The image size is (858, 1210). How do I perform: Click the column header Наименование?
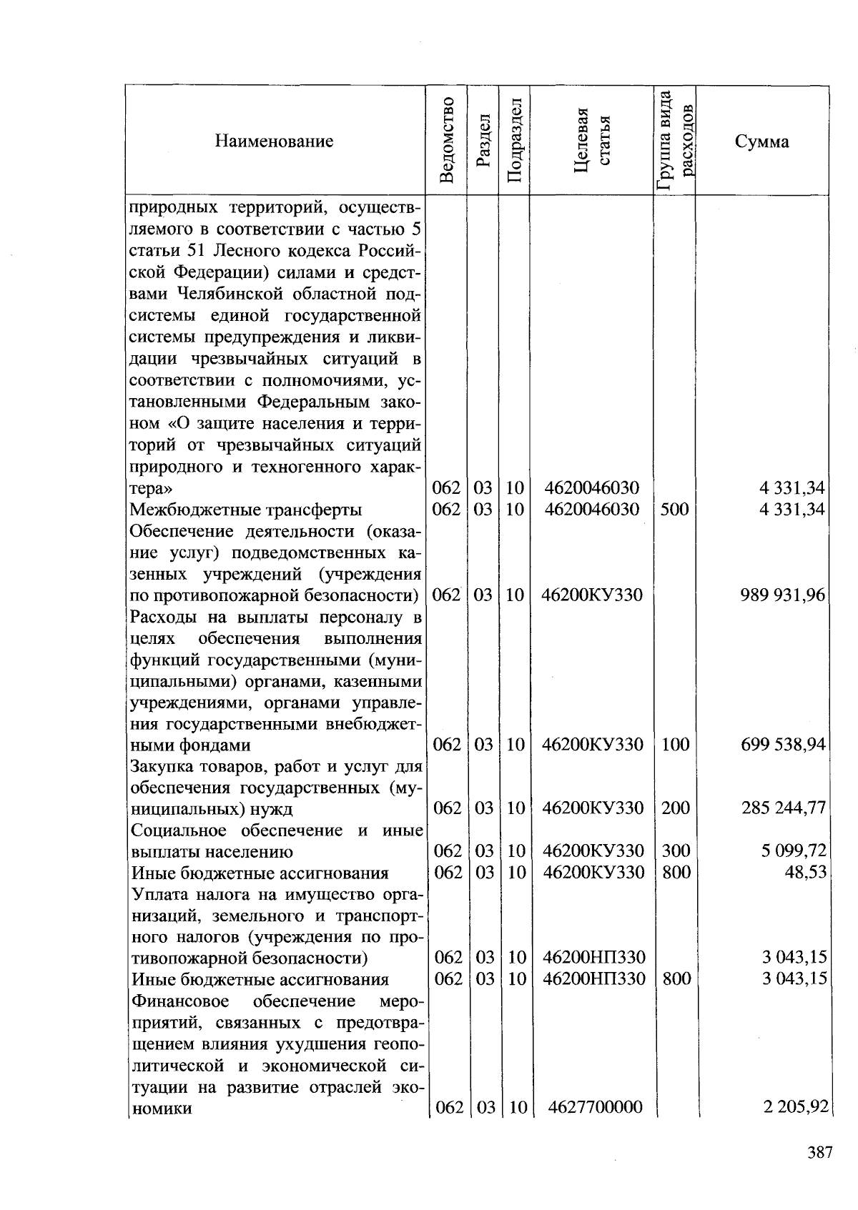(x=274, y=141)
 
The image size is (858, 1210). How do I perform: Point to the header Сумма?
(x=761, y=141)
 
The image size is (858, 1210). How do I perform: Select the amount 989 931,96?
(x=783, y=595)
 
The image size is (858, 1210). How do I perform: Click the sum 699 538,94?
(x=783, y=745)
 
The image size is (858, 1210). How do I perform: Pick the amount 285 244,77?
(x=783, y=808)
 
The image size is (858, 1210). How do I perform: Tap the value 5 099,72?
(x=794, y=851)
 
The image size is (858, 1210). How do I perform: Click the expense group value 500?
(x=675, y=510)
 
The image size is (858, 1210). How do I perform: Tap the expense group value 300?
(x=676, y=851)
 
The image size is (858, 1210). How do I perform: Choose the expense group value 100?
(x=676, y=745)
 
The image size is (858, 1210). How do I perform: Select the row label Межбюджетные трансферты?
(x=245, y=510)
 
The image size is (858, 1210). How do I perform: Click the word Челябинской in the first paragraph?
(x=227, y=294)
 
